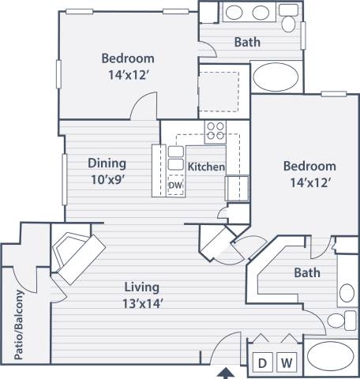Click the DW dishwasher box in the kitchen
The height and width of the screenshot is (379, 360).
pyautogui.click(x=174, y=186)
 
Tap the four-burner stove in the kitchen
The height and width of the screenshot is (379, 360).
pyautogui.click(x=215, y=132)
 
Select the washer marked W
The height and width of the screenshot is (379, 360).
pyautogui.click(x=288, y=362)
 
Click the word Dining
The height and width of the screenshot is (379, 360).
pyautogui.click(x=107, y=163)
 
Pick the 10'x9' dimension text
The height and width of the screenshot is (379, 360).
pyautogui.click(x=107, y=178)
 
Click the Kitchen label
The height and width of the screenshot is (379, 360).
pyautogui.click(x=207, y=167)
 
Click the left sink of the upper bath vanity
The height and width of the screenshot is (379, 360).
pyautogui.click(x=235, y=13)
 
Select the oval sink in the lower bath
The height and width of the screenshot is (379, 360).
pyautogui.click(x=347, y=294)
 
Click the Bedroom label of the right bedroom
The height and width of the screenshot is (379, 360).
pyautogui.click(x=309, y=167)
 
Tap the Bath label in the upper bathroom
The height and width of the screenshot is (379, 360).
pyautogui.click(x=248, y=42)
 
